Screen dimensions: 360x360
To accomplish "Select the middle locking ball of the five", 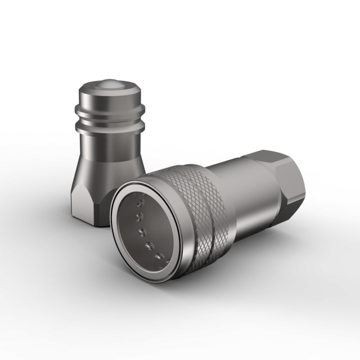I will point(142,230).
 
